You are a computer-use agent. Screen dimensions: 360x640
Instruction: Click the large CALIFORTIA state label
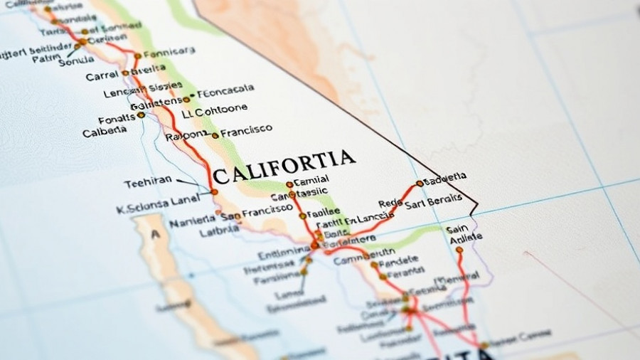(x=284, y=166)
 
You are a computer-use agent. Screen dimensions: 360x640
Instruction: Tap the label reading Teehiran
(x=148, y=181)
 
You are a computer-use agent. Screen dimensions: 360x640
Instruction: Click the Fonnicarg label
(x=169, y=53)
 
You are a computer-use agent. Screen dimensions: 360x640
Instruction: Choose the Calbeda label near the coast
(x=105, y=132)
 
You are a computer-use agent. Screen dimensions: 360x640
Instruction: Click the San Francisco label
(x=257, y=211)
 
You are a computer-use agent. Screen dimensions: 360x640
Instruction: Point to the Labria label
(x=219, y=231)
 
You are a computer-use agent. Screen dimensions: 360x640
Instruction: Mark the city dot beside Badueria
(x=420, y=183)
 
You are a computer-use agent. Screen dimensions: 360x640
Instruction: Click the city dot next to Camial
(x=289, y=184)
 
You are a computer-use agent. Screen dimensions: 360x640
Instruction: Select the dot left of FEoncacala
(x=186, y=100)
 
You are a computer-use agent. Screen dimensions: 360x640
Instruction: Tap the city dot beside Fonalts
(x=141, y=115)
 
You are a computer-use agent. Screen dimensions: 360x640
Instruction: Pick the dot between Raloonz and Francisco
(x=215, y=135)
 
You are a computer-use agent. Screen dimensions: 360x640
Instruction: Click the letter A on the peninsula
(x=155, y=235)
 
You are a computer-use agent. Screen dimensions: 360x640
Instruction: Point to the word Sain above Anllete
(x=457, y=229)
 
